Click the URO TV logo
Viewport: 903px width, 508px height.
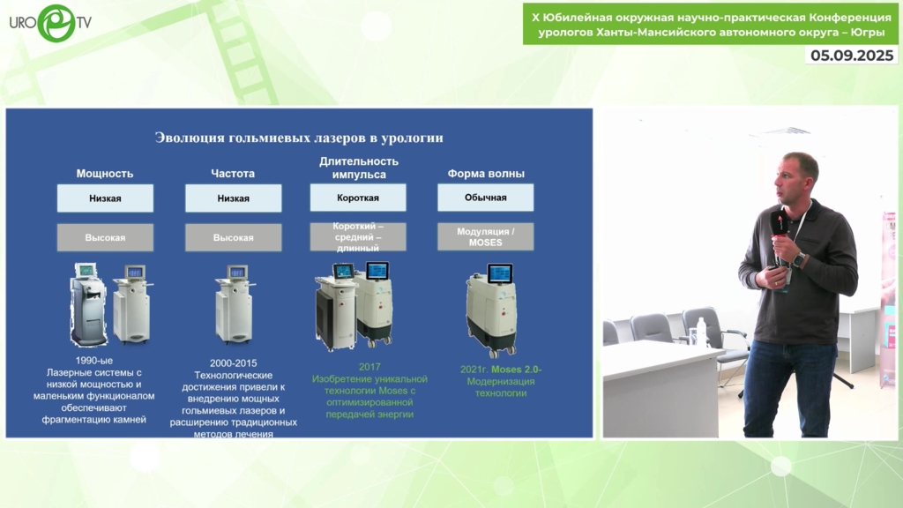(50, 23)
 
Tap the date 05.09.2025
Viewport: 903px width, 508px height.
(852, 56)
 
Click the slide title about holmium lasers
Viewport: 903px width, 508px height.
(299, 138)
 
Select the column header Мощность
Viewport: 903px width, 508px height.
(105, 174)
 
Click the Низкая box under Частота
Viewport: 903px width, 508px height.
(233, 198)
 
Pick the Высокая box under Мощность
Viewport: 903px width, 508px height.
(105, 237)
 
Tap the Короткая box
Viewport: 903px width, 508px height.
(358, 198)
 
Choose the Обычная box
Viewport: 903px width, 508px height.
(486, 198)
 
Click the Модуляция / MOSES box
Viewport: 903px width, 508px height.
(486, 236)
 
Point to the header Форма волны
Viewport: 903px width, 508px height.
(486, 174)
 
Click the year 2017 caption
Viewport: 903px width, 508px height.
(369, 367)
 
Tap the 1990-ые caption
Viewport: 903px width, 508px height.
(93, 361)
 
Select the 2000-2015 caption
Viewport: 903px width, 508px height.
(233, 362)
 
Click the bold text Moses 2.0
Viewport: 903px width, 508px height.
(515, 370)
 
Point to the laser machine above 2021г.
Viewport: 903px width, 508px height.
(490, 310)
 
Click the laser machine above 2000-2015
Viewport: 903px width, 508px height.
(235, 304)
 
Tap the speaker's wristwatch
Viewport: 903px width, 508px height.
(799, 259)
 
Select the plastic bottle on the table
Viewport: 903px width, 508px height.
(701, 332)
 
